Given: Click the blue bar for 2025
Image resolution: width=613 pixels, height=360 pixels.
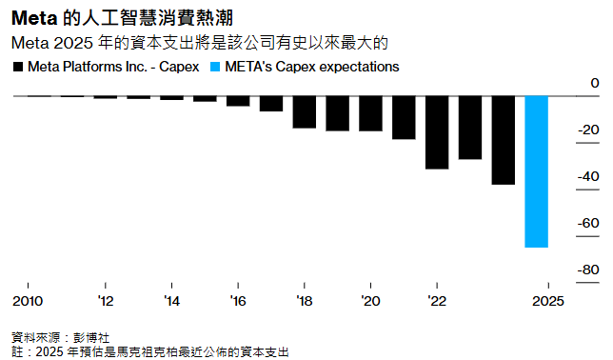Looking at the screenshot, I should [x=537, y=171].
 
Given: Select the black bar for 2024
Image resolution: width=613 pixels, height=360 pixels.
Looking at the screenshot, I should [x=504, y=140].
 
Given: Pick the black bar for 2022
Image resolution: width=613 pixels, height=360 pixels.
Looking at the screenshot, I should [x=437, y=132].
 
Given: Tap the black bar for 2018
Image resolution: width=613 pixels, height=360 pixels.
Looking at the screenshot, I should [x=305, y=111].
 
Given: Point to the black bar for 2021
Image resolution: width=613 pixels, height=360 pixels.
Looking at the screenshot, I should [x=404, y=117].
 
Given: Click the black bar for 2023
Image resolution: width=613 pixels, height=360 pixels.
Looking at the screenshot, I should [x=470, y=128].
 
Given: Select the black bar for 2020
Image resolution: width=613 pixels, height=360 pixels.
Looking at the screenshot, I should [x=371, y=113].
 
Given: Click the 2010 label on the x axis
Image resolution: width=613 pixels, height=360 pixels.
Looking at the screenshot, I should [x=28, y=301].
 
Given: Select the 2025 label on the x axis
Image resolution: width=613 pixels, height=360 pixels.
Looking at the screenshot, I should [x=548, y=301].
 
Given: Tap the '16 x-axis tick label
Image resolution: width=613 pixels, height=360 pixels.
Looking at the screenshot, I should [x=238, y=301].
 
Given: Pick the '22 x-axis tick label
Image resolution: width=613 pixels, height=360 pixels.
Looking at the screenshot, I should [x=437, y=301].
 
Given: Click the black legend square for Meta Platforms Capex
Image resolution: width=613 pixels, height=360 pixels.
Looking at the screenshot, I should [x=18, y=68].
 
